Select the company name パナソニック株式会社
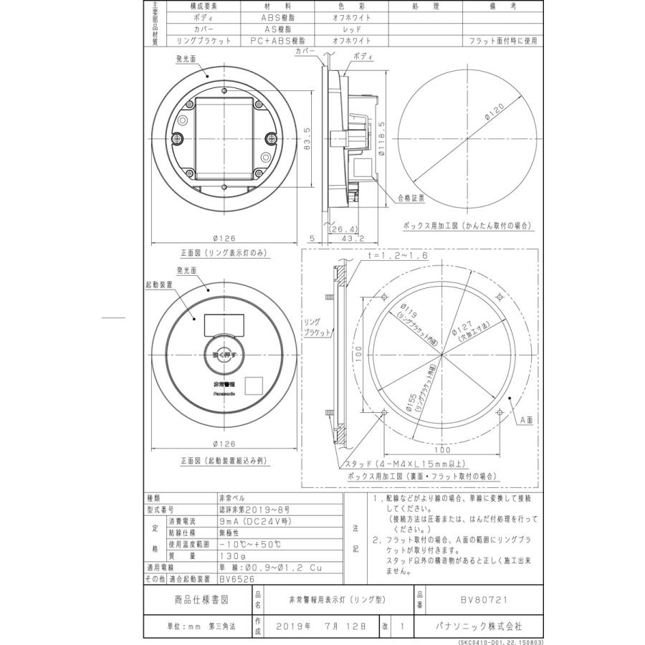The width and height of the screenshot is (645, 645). pos(479,626)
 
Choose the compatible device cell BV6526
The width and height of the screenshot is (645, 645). pos(233,578)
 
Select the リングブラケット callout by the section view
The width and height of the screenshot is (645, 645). pos(312,328)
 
